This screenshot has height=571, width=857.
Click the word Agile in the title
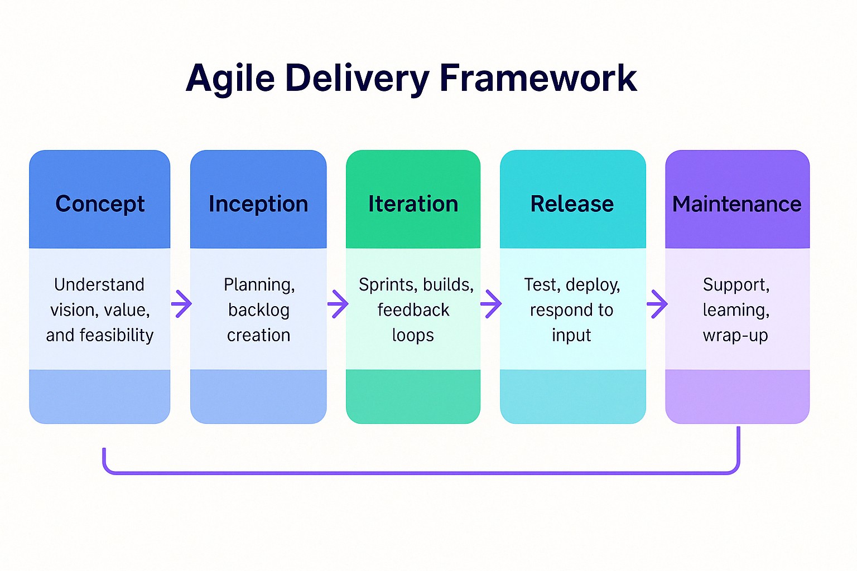tap(230, 79)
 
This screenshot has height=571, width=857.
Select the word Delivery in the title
tap(357, 79)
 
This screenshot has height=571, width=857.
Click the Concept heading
tap(100, 204)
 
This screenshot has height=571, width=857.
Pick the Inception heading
tap(258, 204)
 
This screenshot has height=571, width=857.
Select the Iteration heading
tap(413, 204)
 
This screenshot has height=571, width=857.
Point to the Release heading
tap(572, 204)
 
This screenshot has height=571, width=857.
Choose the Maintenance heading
tap(737, 204)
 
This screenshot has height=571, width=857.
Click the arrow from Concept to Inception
tap(181, 304)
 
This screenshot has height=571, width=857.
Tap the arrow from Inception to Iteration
tap(338, 304)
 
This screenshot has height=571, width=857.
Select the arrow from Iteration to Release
tap(491, 304)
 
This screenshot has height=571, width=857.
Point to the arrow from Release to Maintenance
tap(657, 304)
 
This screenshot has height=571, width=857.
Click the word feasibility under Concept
tap(116, 336)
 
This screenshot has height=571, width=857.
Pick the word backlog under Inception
tap(259, 310)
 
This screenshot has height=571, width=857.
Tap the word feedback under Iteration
tap(413, 309)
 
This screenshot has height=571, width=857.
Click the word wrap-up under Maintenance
tap(735, 336)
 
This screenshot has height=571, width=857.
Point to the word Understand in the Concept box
tap(99, 284)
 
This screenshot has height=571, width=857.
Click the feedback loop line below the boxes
tap(421, 473)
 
